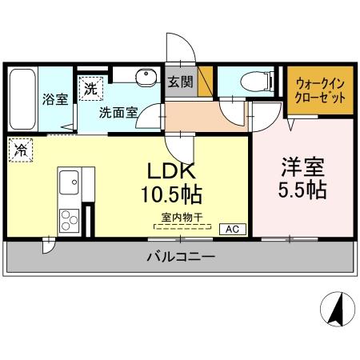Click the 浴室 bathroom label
point(54,99)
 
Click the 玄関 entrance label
point(178,82)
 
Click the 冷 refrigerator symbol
point(18,149)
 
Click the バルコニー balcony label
point(180,258)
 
